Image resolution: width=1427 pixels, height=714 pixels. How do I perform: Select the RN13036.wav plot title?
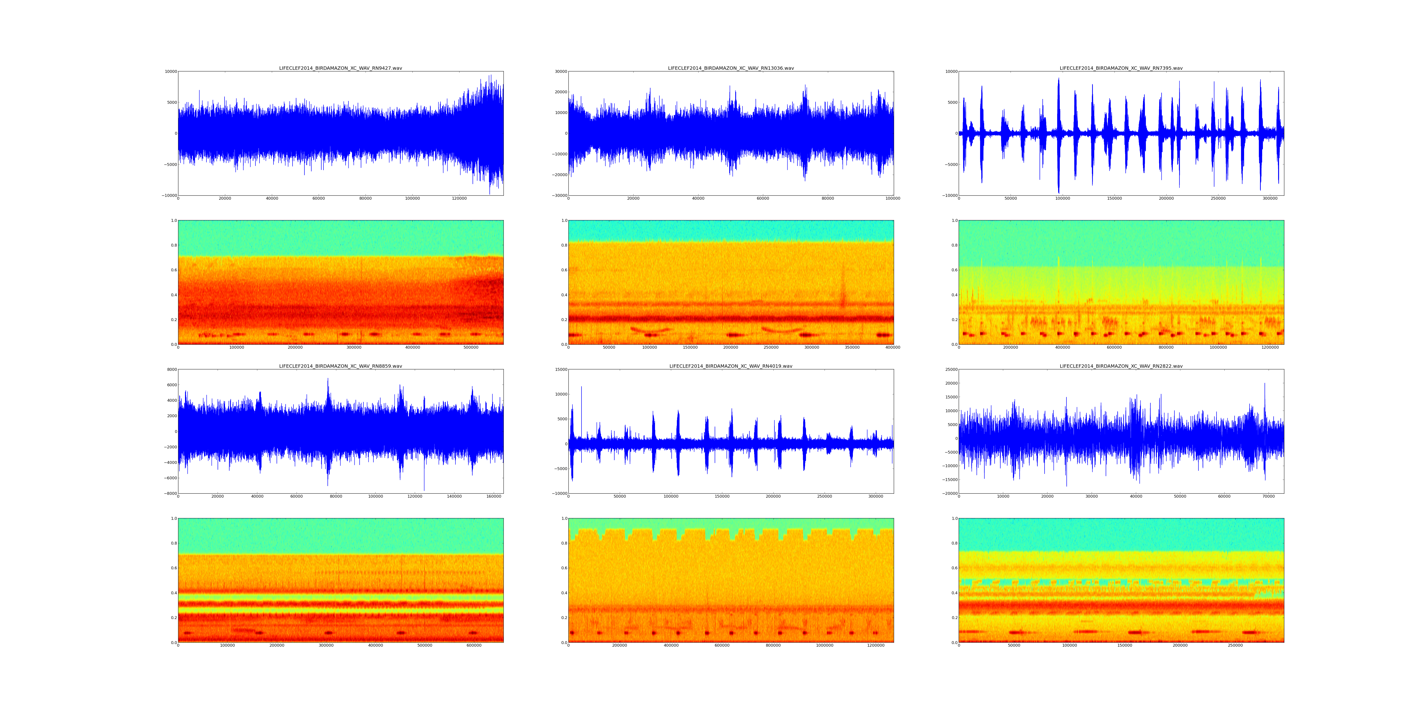tap(731, 68)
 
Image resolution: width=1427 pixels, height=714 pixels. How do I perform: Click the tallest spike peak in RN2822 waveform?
tap(1265, 383)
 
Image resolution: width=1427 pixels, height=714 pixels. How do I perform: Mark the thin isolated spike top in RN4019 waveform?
tap(581, 387)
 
